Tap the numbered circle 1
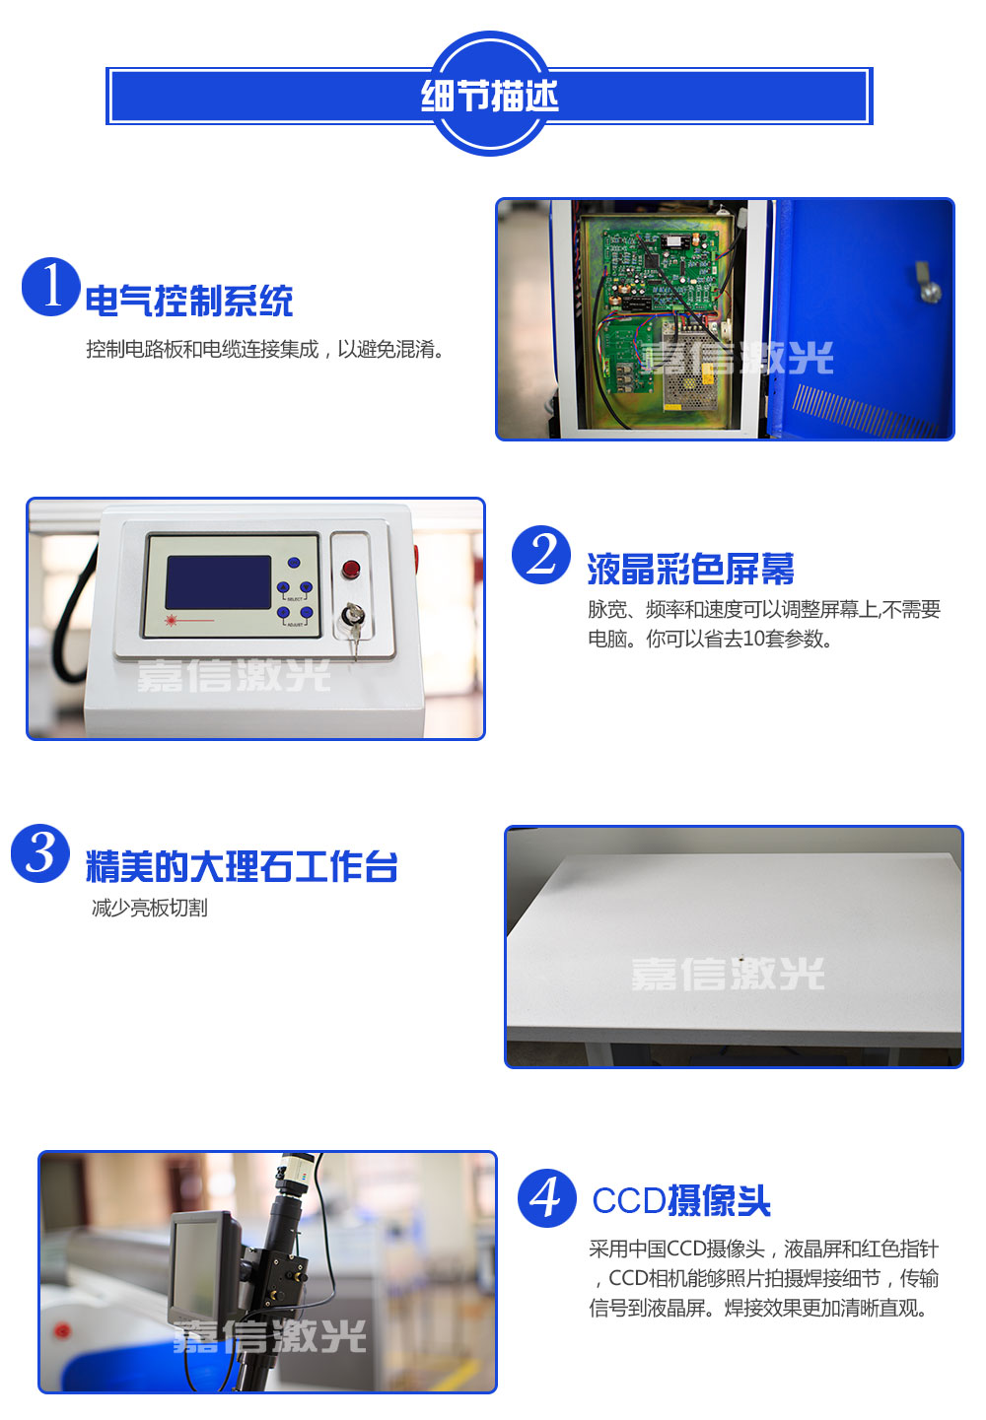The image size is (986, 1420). (x=50, y=287)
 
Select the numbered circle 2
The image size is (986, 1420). (x=540, y=555)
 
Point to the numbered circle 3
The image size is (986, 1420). (x=40, y=853)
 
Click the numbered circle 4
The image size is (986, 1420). (x=546, y=1198)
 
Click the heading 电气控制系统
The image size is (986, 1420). (x=189, y=301)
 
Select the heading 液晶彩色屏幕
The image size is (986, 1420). (x=690, y=569)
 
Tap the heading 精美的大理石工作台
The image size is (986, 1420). (x=242, y=866)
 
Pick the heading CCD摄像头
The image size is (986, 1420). (x=681, y=1200)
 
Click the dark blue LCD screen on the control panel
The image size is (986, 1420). (x=218, y=582)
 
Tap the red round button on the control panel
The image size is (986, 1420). (x=350, y=569)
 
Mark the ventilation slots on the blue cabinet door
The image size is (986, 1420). (x=864, y=409)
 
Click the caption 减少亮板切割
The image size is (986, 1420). (x=150, y=908)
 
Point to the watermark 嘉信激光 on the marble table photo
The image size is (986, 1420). (x=727, y=974)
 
